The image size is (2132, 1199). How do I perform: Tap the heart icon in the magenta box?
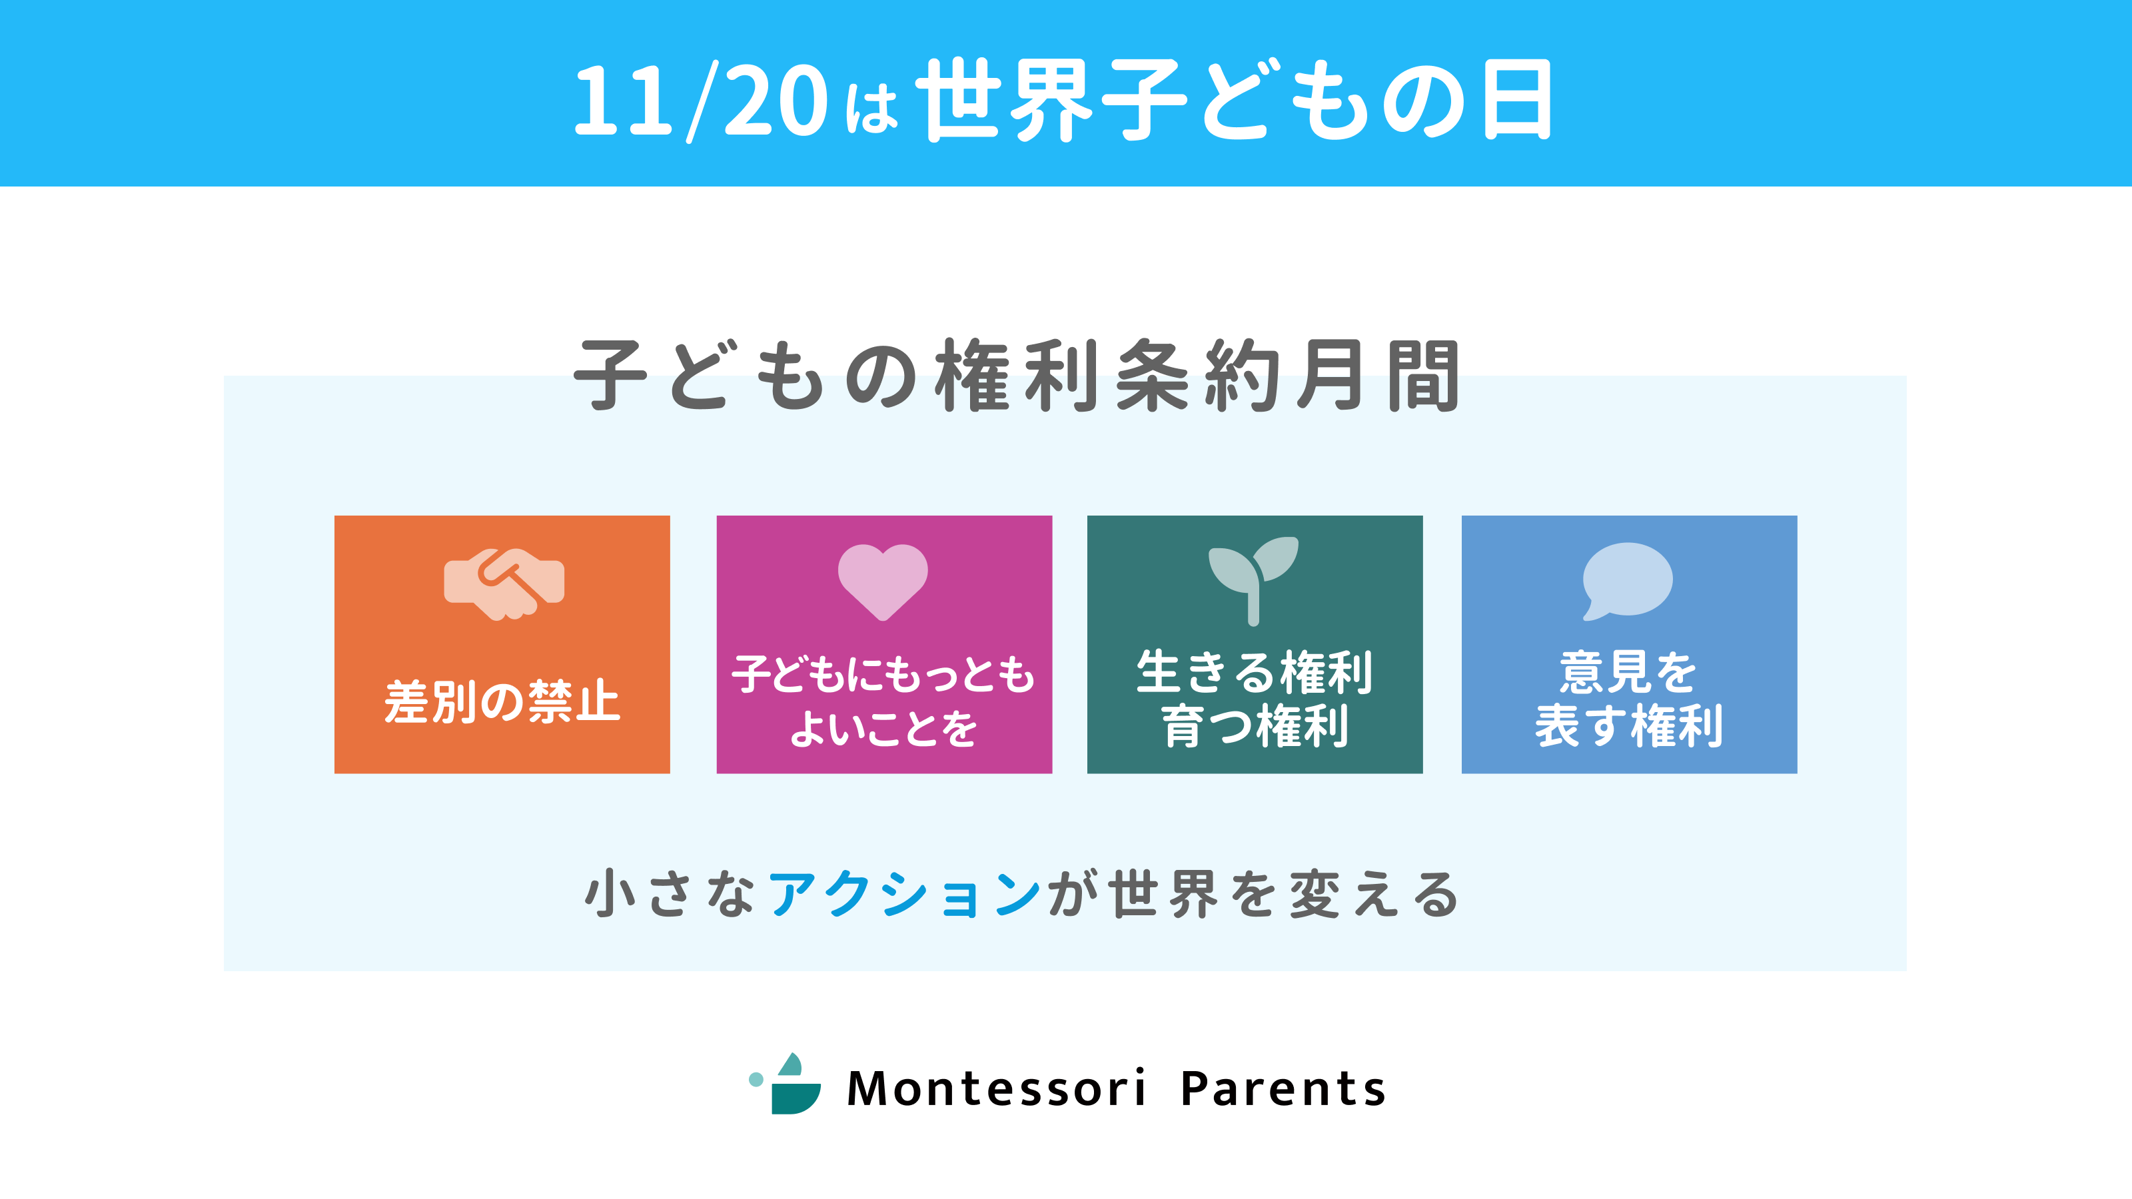(883, 582)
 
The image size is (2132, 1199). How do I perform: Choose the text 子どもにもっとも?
(883, 674)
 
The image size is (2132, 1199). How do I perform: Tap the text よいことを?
(883, 728)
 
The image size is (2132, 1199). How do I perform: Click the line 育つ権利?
(1255, 725)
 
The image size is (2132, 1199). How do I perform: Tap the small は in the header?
(871, 107)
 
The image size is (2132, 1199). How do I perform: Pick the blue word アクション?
(905, 895)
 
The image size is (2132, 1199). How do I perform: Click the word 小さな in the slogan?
(670, 895)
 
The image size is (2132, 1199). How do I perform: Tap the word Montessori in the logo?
(997, 1088)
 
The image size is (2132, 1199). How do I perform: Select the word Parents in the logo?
(1283, 1088)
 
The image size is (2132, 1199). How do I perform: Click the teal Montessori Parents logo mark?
(786, 1084)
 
